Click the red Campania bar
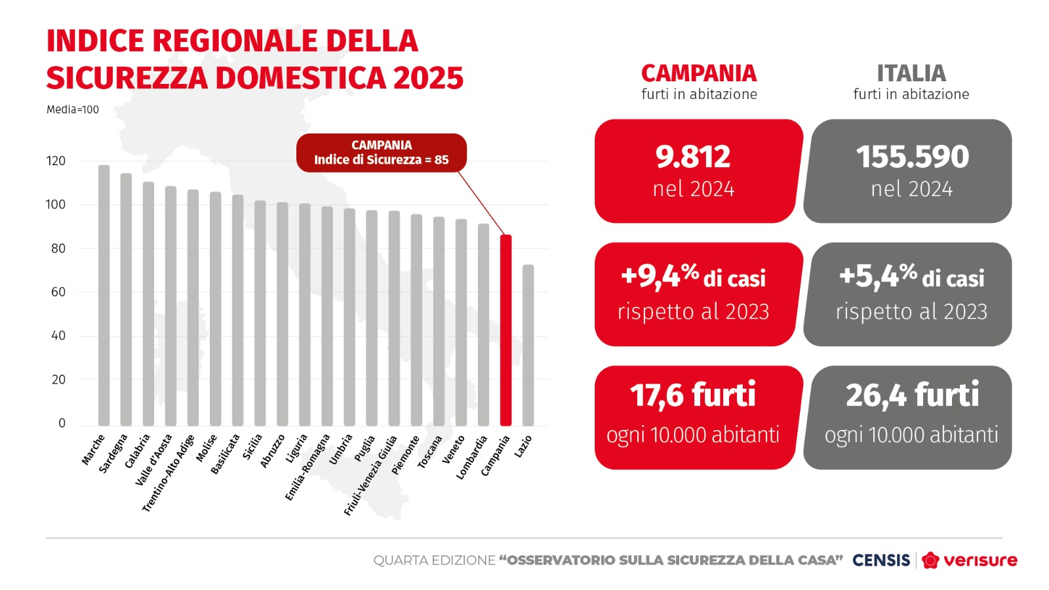pos(505,331)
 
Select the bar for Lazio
pos(528,345)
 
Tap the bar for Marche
pos(104,295)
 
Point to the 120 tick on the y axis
pos(56,161)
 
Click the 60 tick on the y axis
pos(58,292)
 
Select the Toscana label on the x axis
pos(430,452)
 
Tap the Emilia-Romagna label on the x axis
pos(307,467)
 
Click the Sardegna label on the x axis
pos(113,454)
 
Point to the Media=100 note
pos(73,110)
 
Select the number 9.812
pos(693,157)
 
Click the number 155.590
pos(912,157)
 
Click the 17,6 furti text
pos(693,395)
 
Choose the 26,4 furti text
pos(912,395)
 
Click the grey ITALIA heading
pos(911,73)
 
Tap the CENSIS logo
pos(881,560)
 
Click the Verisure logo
pos(970,560)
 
